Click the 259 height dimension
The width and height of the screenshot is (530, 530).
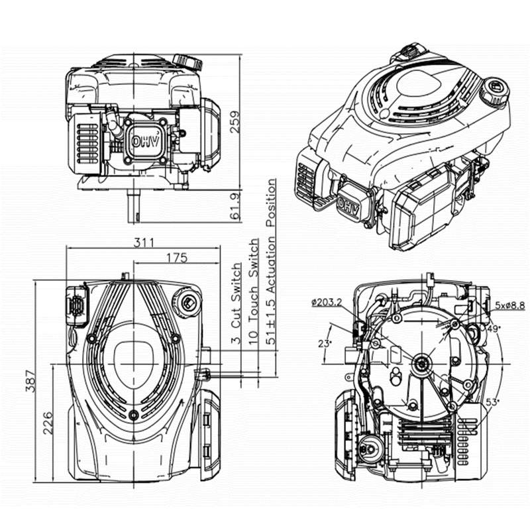pos(235,121)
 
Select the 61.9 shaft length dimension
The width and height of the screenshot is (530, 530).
pos(235,206)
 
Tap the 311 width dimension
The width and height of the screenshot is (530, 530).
pos(144,242)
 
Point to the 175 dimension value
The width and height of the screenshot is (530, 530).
pos(176,258)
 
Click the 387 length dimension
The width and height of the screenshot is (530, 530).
pos(30,382)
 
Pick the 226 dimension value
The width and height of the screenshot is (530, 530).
pos(47,423)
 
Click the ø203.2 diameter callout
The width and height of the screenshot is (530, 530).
pos(327,302)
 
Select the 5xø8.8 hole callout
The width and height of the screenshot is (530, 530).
pos(510,305)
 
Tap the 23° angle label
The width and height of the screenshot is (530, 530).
pos(325,344)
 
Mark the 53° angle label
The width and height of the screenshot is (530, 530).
pos(492,402)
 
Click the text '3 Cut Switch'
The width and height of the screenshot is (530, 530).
pos(237,303)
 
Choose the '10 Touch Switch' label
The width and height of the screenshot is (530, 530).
pos(253,291)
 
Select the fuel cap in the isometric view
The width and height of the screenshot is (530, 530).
pos(494,92)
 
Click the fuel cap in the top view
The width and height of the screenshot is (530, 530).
pos(186,301)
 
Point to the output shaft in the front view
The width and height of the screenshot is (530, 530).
pos(134,206)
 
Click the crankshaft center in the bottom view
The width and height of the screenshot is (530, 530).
pos(422,364)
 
